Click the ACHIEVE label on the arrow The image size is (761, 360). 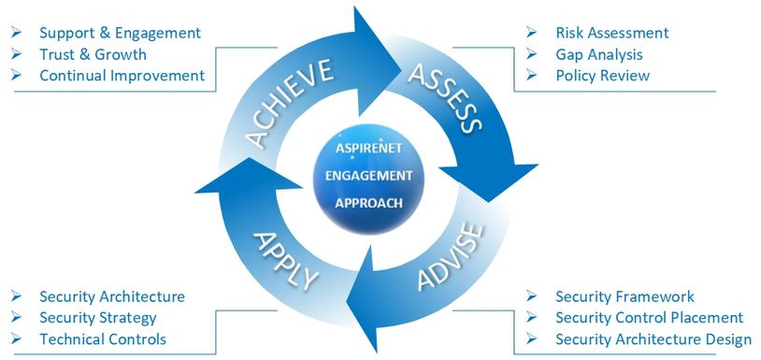click(x=292, y=102)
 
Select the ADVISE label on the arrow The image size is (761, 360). click(x=450, y=257)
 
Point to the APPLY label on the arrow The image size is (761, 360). click(x=286, y=256)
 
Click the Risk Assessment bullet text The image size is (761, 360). click(x=611, y=33)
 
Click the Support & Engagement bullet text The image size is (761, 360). click(x=120, y=33)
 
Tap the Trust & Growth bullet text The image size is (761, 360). click(x=93, y=54)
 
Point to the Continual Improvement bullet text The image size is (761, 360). click(x=122, y=76)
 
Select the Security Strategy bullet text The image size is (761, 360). click(x=97, y=318)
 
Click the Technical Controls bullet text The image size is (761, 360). click(x=103, y=339)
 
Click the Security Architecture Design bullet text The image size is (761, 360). click(x=653, y=339)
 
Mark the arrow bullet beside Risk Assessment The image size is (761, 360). click(x=532, y=33)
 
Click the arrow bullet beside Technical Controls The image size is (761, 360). click(x=17, y=339)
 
